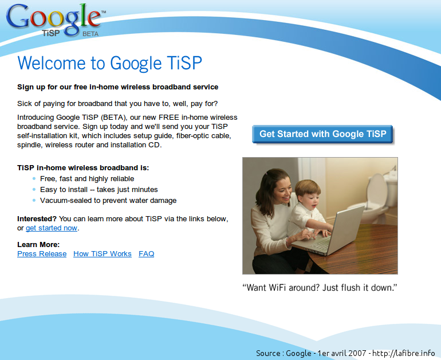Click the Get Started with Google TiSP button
322,134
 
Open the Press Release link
42,253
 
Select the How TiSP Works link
103,253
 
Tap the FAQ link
146,253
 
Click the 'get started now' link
52,228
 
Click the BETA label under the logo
90,34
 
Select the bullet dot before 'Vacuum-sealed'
34,201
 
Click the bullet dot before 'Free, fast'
34,178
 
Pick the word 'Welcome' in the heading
52,62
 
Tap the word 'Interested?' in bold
37,219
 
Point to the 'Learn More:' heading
38,244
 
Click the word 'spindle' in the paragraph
30,145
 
